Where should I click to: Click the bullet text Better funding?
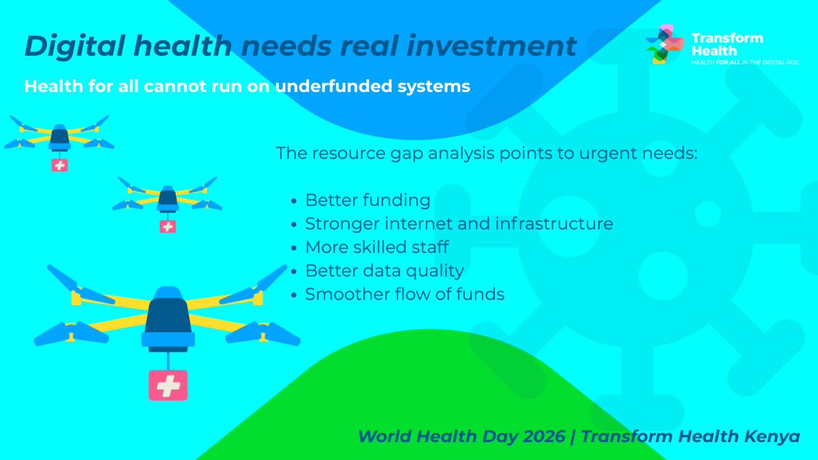367,200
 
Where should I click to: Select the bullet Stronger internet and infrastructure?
459,224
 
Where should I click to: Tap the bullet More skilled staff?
376,247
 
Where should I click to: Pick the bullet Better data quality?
384,271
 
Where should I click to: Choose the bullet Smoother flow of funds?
404,294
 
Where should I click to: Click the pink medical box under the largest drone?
168,386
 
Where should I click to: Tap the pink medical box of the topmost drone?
59,165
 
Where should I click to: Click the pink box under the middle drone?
167,226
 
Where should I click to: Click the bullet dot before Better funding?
294,202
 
